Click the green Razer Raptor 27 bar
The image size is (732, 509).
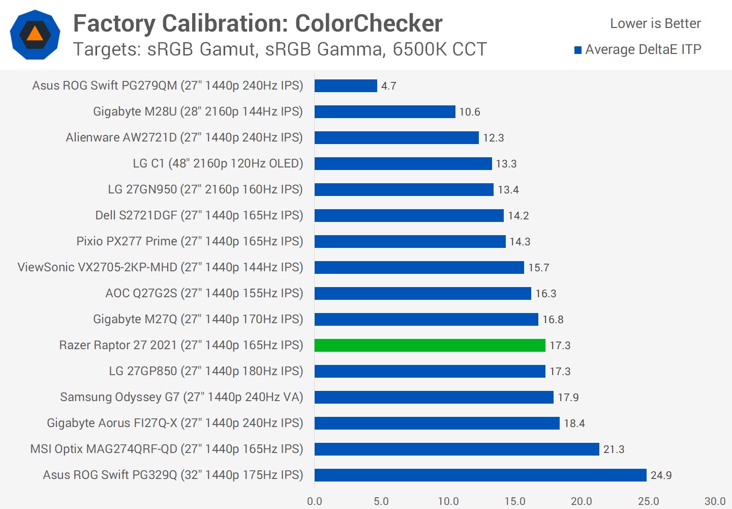coord(430,345)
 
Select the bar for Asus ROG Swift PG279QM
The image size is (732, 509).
coord(346,86)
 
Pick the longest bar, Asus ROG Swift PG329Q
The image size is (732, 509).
coord(480,475)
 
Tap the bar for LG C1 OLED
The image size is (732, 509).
coord(403,163)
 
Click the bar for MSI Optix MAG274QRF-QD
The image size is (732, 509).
coord(456,449)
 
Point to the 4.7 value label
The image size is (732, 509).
coord(389,86)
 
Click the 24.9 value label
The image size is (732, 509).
coord(661,475)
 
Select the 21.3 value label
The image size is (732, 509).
coord(614,449)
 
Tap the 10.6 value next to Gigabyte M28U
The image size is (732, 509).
coord(469,112)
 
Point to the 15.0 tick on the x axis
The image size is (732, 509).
coord(515,501)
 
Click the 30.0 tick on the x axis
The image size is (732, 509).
coord(715,501)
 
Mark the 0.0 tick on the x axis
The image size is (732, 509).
coord(315,501)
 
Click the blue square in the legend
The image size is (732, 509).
coord(578,50)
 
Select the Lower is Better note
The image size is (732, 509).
coord(655,23)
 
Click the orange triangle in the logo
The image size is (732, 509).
coord(35,34)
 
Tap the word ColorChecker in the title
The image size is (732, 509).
coord(369,23)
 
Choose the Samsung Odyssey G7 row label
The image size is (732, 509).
coord(181,397)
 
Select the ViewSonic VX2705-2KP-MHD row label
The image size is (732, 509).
coord(160,267)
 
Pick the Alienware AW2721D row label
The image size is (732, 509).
coord(184,137)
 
